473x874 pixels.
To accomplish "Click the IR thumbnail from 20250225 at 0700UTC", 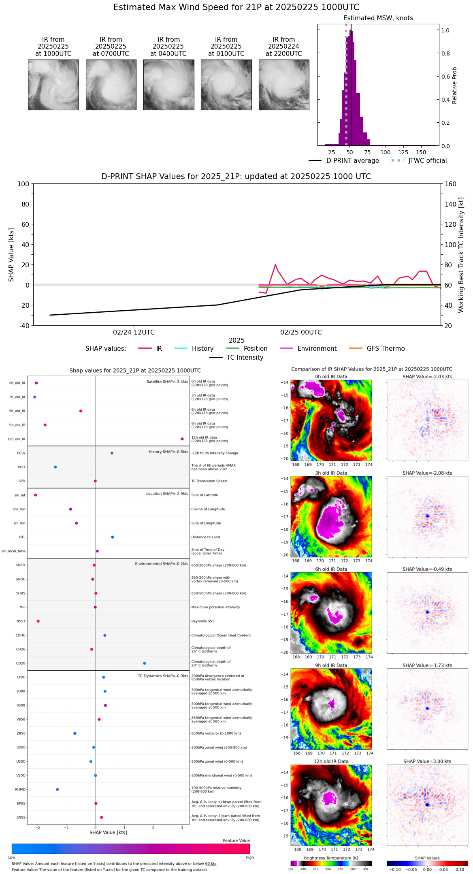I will click(111, 85).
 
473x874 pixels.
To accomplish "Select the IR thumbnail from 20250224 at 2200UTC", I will click(284, 85).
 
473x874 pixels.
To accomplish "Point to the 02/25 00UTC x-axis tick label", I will click(301, 333).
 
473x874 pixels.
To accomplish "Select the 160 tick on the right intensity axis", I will click(451, 184).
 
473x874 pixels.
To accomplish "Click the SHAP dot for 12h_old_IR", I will click(182, 439).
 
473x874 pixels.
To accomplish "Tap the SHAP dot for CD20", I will click(145, 663).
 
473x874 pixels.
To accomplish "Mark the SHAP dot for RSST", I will click(38, 621).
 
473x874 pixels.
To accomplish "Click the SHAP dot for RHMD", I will click(58, 789).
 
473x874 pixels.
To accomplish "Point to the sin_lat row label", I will click(20, 495).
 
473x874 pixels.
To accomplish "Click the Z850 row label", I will click(21, 733).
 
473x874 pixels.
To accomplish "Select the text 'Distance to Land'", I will click(205, 537).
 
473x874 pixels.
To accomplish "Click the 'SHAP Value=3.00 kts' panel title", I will click(427, 761).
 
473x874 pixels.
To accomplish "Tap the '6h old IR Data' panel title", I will click(331, 569).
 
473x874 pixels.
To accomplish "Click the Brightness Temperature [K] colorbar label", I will click(331, 858).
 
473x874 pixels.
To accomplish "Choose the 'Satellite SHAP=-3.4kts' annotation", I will click(167, 382).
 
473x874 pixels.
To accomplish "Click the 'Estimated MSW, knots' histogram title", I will click(378, 18).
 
